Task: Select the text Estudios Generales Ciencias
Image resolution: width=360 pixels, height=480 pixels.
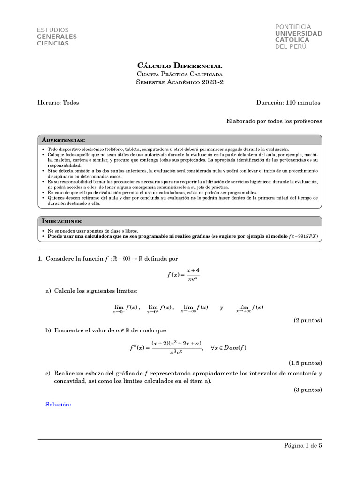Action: click(x=57, y=37)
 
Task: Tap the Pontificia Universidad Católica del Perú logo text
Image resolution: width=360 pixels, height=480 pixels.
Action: click(x=299, y=37)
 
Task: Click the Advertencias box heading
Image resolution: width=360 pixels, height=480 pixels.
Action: click(x=63, y=140)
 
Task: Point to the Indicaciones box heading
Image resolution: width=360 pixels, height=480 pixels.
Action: click(x=62, y=221)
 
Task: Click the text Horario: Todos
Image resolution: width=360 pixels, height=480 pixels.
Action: click(x=58, y=102)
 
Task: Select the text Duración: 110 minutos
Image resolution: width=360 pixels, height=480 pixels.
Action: click(x=288, y=102)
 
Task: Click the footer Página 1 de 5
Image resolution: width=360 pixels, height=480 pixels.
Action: click(x=303, y=446)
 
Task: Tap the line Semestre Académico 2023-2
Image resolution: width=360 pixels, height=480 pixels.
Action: click(x=180, y=82)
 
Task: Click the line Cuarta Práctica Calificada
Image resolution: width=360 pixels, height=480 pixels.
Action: click(x=180, y=74)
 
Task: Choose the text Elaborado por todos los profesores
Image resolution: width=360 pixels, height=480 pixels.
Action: click(x=274, y=121)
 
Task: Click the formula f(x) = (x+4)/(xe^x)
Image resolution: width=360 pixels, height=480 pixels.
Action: click(x=186, y=275)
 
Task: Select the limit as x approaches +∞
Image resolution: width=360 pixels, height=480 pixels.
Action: click(x=250, y=308)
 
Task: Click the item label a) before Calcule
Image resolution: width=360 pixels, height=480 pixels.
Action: click(x=48, y=291)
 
